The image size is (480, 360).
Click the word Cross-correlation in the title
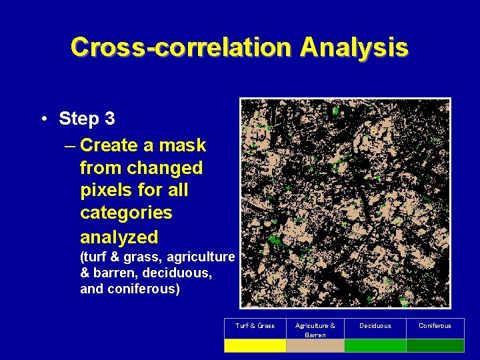pyautogui.click(x=181, y=47)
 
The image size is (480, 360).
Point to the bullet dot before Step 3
pyautogui.click(x=43, y=119)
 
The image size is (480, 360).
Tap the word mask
pyautogui.click(x=183, y=145)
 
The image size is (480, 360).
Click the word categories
pyautogui.click(x=126, y=213)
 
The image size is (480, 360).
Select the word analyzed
pyautogui.click(x=119, y=237)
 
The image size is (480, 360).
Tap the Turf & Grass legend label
pyautogui.click(x=255, y=326)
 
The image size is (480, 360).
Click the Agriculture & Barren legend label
pyautogui.click(x=315, y=330)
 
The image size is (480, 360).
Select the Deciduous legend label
pyautogui.click(x=375, y=326)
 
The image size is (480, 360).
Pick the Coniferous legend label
pyautogui.click(x=435, y=326)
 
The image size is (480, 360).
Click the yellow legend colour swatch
pyautogui.click(x=255, y=345)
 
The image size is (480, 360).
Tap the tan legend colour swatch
pyautogui.click(x=315, y=345)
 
